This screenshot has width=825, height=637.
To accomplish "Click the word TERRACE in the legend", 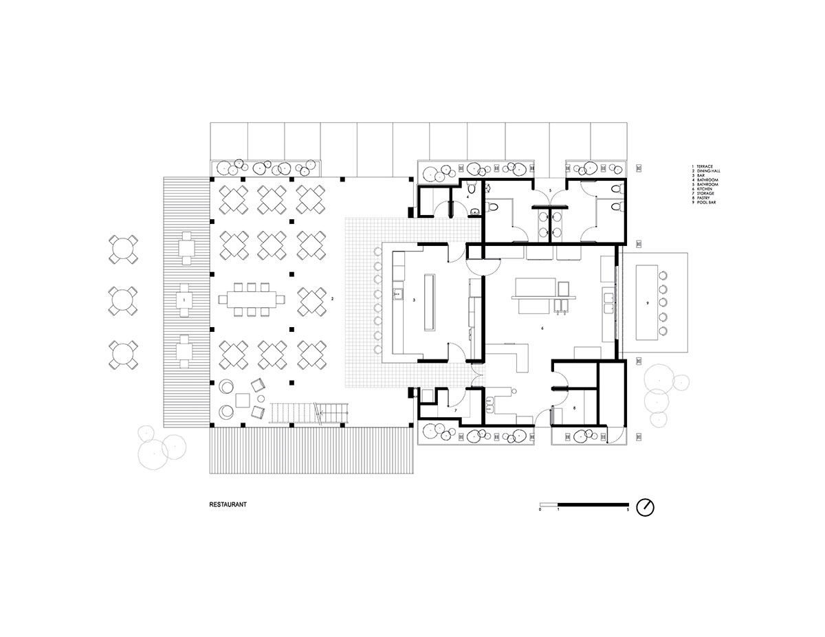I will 705,167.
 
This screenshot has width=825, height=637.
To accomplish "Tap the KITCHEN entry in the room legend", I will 706,190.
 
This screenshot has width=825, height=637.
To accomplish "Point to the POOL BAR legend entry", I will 707,203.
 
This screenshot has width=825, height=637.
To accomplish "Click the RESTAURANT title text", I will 228,504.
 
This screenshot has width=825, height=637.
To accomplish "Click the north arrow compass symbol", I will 646,507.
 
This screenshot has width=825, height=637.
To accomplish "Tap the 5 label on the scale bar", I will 628,511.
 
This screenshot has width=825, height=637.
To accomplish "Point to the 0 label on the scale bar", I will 540,511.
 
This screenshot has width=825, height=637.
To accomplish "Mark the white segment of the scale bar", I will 549,505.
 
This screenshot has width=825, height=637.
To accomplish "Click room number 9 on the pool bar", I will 648,302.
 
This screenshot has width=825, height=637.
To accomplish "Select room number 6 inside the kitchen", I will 542,328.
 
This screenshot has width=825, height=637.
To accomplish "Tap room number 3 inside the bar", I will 413,300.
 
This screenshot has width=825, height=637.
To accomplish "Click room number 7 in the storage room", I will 455,410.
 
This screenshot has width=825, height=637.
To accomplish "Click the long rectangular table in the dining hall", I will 251,300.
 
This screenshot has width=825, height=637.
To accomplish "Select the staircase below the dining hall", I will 310,412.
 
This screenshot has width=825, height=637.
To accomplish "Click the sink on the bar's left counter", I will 397,295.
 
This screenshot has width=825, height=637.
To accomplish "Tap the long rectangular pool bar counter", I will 648,302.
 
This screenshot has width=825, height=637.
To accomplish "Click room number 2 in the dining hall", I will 332,299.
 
